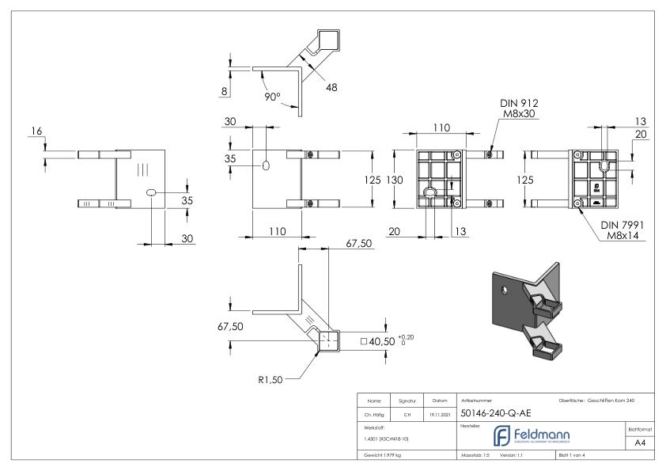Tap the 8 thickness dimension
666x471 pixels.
pos(225,92)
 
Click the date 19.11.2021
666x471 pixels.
pos(437,412)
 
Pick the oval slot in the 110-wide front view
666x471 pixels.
pos(267,166)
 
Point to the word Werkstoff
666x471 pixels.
pos(373,425)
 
